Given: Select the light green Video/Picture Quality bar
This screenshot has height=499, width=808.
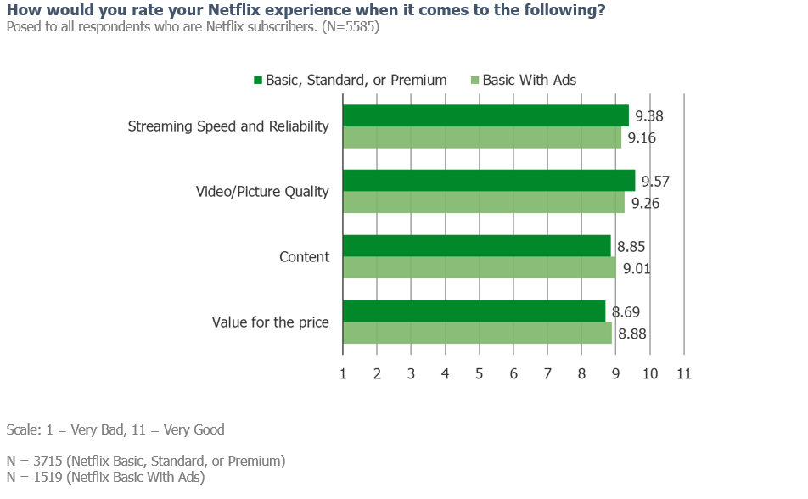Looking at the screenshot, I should point(483,203).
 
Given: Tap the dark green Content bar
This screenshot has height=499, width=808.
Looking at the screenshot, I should point(476,246).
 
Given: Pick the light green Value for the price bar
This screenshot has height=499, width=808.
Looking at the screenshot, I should point(476,334).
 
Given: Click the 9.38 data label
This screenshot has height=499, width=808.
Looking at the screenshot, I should point(649,116).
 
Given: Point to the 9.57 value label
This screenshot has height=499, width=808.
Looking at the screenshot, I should point(656,182).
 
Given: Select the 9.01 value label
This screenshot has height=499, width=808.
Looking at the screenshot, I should point(637,268).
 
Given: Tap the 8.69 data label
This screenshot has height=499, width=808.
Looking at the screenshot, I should point(626,312).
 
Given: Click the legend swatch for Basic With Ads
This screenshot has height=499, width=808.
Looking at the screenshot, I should point(474,81).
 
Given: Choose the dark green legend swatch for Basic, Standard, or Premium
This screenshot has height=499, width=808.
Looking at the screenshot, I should point(258,81).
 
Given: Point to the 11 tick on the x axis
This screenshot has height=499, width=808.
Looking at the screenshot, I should point(684,373).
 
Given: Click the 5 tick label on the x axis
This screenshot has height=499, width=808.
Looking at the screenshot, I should point(479,373).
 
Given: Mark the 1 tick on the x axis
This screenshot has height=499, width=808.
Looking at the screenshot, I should point(342,373).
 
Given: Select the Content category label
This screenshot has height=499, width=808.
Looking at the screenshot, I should point(304,257).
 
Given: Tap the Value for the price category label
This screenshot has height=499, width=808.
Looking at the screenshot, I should point(270,322).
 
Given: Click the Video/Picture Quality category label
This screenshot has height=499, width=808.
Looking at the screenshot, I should point(262,192).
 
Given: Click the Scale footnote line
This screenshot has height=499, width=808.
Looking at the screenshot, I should point(115,429).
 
